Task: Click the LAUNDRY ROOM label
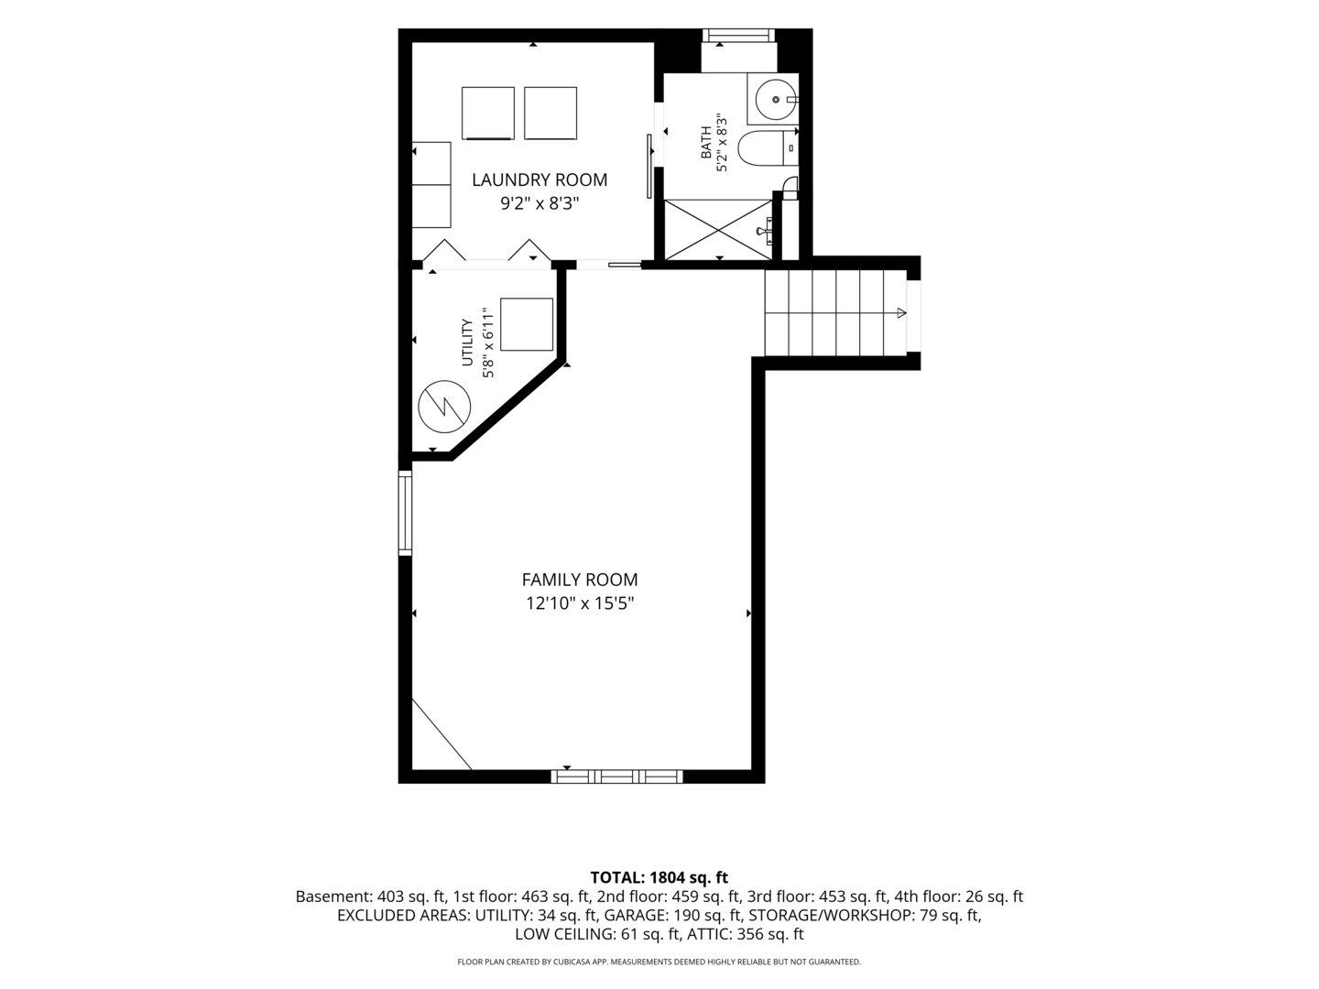coord(539,179)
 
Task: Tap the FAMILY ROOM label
coord(579,580)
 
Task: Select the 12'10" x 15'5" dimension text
coord(580,603)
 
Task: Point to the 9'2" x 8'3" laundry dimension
coord(539,203)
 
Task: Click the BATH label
coord(706,142)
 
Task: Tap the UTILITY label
coord(467,342)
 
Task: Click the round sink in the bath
coord(776,99)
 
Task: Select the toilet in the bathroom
coord(768,147)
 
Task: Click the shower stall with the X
coord(717,230)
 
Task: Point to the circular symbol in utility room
coord(444,406)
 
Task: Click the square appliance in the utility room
coord(527,324)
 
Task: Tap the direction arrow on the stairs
coord(901,313)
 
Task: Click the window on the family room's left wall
coord(405,512)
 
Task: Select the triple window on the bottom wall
coord(617,777)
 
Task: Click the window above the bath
coord(738,36)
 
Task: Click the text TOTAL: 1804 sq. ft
coord(659,878)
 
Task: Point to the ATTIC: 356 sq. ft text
coord(748,934)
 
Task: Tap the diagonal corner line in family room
coord(441,734)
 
